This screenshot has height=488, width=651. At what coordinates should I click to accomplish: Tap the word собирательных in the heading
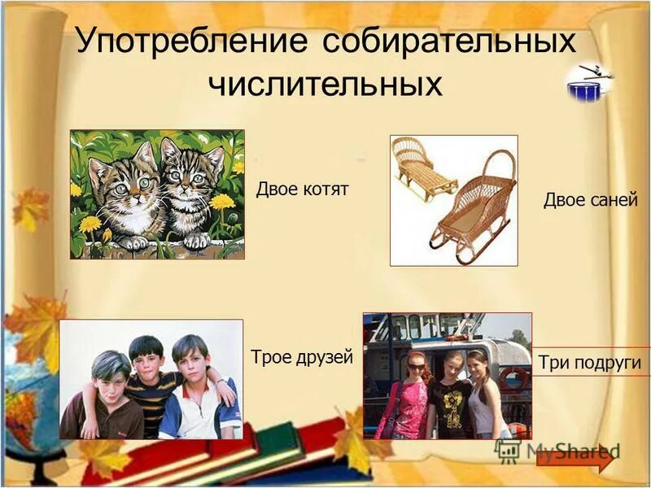(x=448, y=41)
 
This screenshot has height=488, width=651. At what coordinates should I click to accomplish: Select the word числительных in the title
(x=325, y=84)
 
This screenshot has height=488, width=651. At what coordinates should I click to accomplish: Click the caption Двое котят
(x=302, y=190)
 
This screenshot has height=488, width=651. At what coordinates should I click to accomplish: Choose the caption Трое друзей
(x=301, y=357)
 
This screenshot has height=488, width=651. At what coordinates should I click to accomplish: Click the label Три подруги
(x=590, y=363)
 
